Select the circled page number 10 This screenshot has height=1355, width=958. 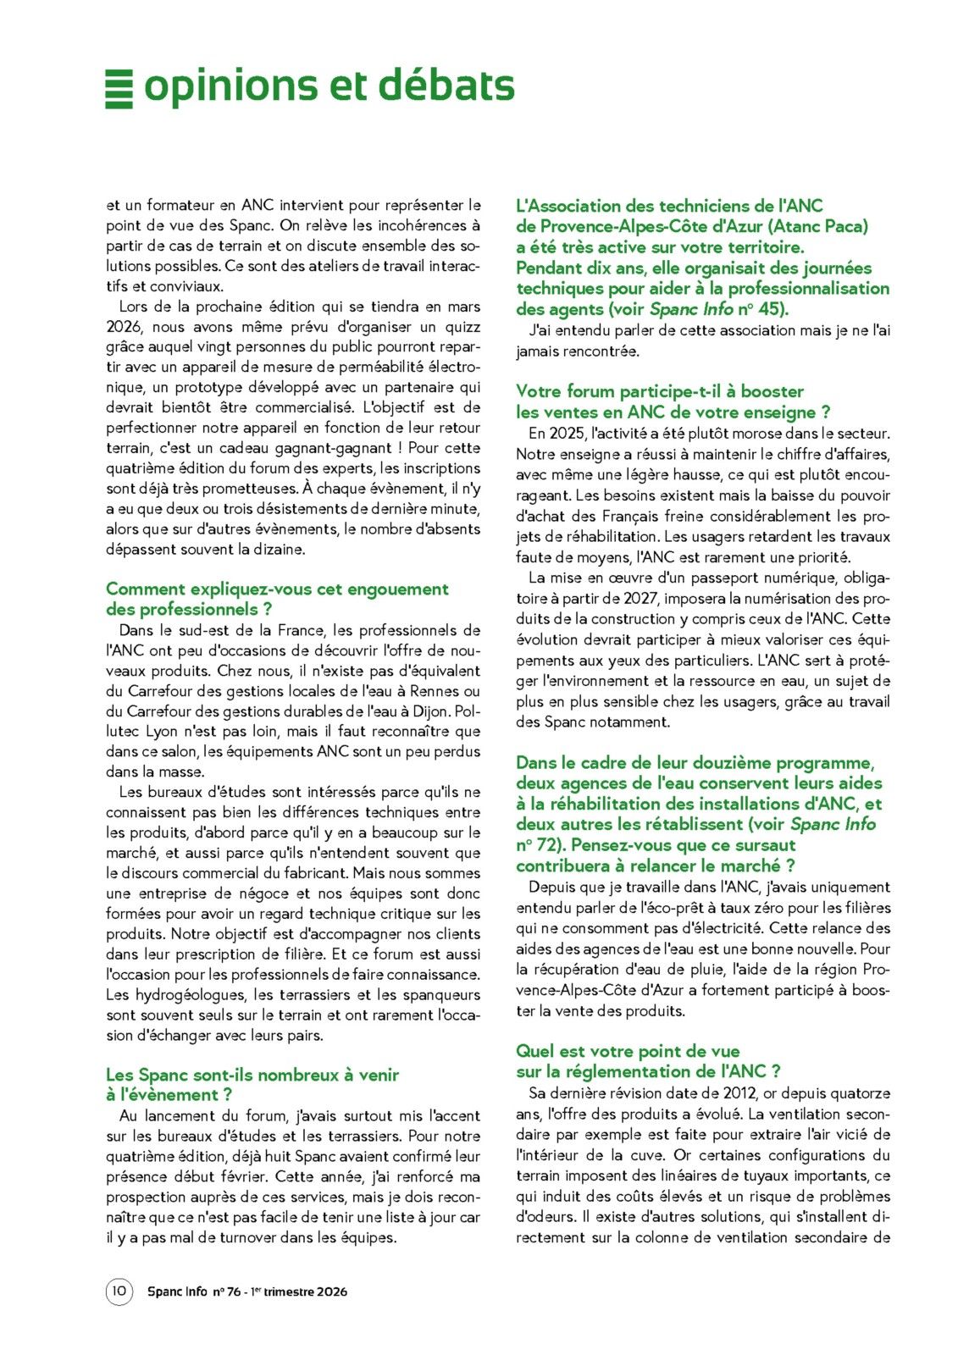pyautogui.click(x=119, y=1291)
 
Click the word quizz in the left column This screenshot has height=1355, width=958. pyautogui.click(x=462, y=327)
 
